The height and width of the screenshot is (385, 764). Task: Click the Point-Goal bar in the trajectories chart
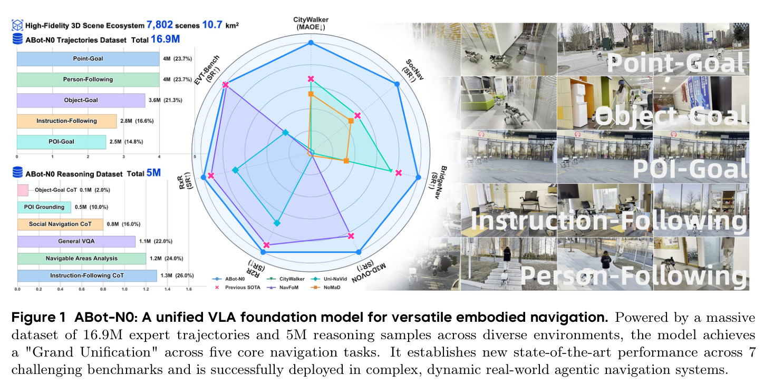click(88, 58)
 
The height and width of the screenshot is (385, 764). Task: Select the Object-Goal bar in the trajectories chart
click(81, 100)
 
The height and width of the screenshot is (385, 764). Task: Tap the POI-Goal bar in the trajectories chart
click(61, 142)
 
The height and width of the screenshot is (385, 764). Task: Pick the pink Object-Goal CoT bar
click(23, 190)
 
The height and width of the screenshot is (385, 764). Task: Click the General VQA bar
click(76, 241)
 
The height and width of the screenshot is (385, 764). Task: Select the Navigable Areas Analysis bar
click(82, 259)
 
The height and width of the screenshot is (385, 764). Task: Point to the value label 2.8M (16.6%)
click(137, 121)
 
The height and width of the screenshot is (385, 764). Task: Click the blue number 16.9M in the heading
click(165, 39)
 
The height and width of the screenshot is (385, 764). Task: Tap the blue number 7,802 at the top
click(160, 25)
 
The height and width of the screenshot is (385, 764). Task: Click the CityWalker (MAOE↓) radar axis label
click(311, 24)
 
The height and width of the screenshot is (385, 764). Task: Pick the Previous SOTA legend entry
click(237, 288)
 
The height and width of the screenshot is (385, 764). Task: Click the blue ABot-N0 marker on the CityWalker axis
click(311, 43)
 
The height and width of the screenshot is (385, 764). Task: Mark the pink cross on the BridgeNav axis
click(399, 173)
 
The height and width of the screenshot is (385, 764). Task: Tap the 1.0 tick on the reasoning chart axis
click(124, 289)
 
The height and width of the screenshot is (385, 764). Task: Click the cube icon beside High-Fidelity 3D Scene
click(17, 25)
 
